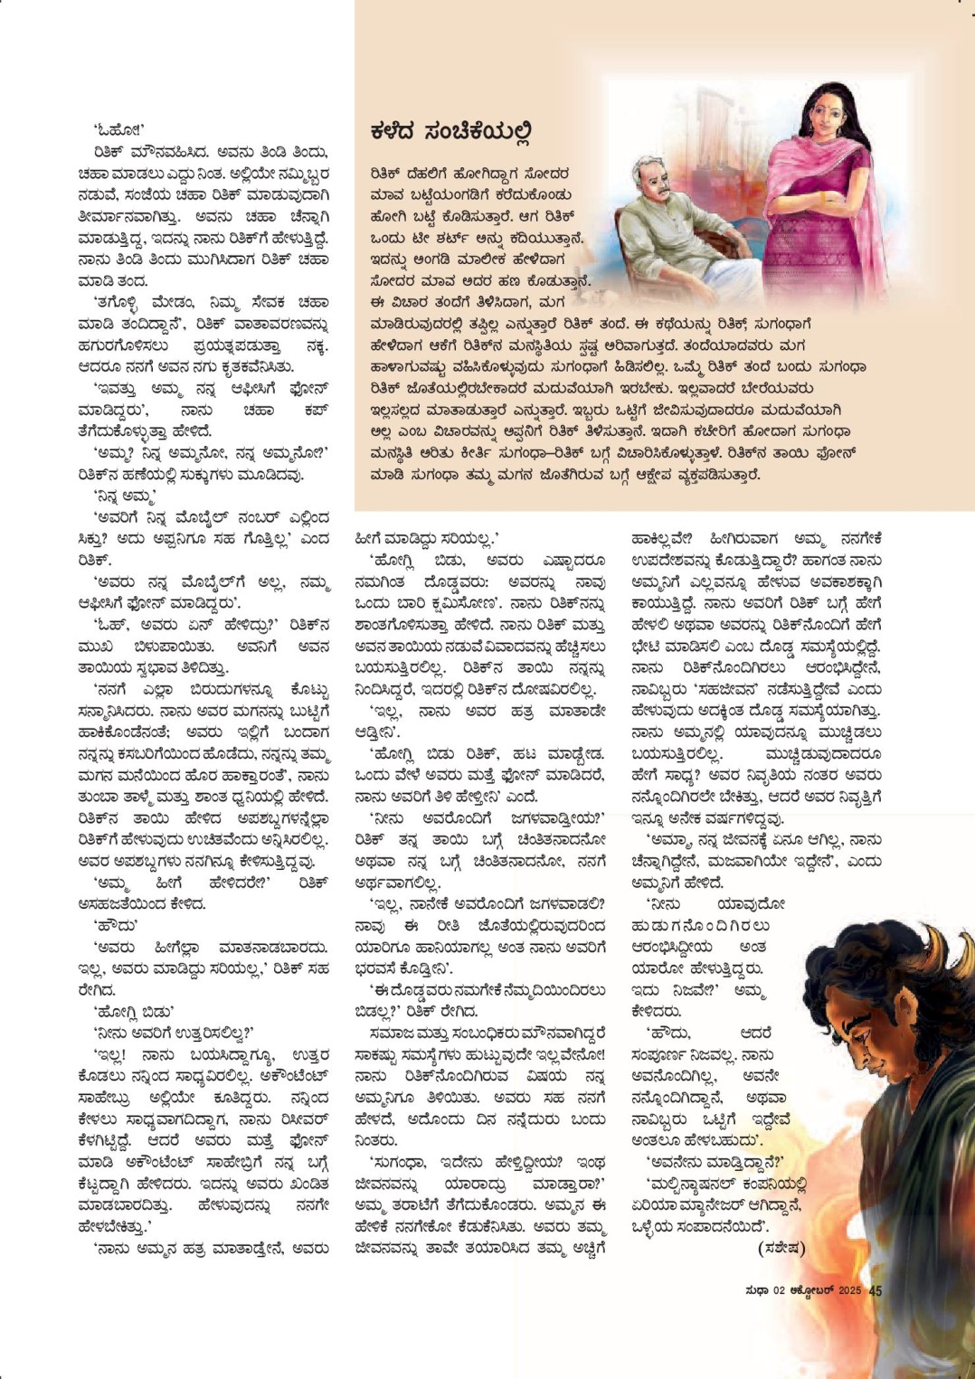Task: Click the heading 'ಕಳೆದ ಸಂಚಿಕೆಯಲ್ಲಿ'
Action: pyautogui.click(x=450, y=133)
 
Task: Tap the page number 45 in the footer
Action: pyautogui.click(x=875, y=1290)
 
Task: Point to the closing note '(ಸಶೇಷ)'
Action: pyautogui.click(x=781, y=1249)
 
